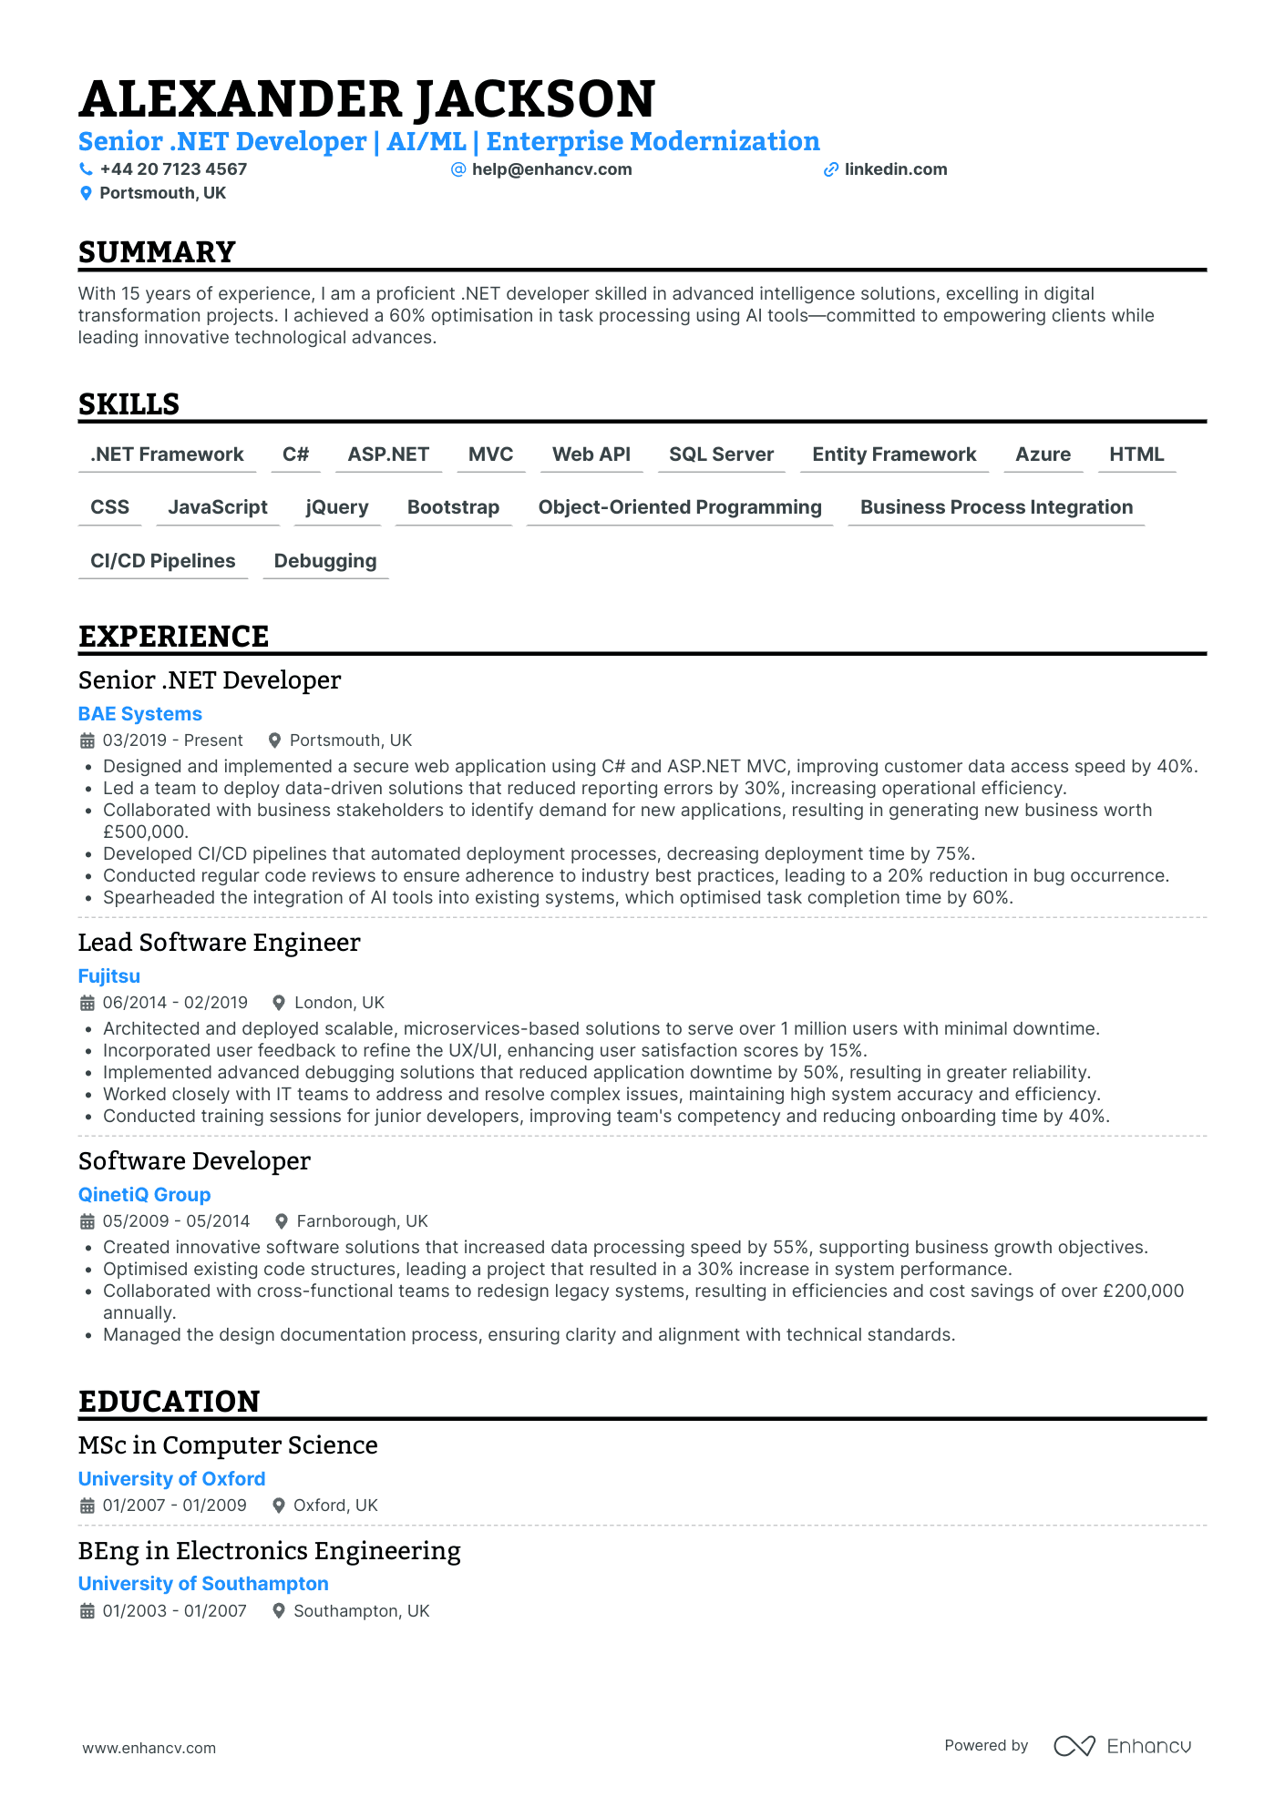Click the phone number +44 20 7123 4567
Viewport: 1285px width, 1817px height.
point(173,169)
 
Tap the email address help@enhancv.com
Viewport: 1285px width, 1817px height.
point(551,169)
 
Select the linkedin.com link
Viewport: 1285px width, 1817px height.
point(895,169)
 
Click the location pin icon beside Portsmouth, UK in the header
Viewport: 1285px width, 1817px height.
point(86,193)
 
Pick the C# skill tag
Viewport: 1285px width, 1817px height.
point(295,454)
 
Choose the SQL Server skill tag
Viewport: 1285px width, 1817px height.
point(721,454)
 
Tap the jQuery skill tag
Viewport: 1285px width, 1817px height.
point(337,507)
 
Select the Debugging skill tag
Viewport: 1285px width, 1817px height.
point(325,561)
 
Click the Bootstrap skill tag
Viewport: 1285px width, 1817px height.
point(453,507)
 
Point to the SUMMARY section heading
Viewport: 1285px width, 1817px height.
point(157,252)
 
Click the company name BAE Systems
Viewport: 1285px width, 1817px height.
point(140,714)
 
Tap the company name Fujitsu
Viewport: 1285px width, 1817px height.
point(109,976)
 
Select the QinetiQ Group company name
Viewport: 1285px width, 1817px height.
point(144,1195)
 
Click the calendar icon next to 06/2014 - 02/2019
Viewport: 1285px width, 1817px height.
point(87,1003)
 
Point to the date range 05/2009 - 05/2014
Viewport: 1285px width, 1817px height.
point(176,1221)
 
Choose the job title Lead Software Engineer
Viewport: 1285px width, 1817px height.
point(219,943)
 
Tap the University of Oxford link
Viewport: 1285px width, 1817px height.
point(171,1479)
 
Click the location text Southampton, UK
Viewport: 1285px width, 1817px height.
point(361,1611)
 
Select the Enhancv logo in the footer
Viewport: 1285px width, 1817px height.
point(1122,1746)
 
